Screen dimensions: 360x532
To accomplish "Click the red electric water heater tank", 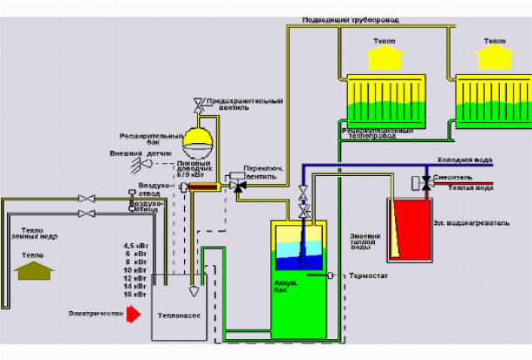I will [409, 230].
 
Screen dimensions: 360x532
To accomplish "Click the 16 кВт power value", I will [134, 295].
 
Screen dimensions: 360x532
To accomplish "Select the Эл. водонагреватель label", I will [469, 223].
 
